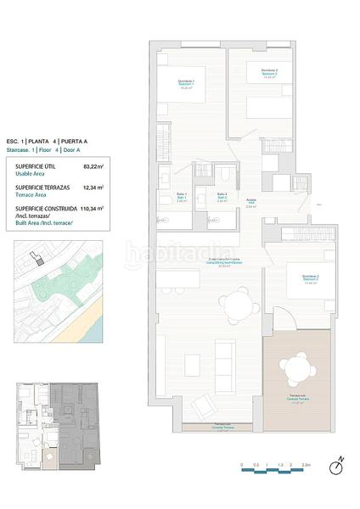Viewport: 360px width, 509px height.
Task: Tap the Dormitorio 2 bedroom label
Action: [269, 71]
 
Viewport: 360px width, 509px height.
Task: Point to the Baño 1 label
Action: [182, 197]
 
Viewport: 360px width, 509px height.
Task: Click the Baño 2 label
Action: [221, 197]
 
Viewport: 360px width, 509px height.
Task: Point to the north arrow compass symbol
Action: [336, 464]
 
